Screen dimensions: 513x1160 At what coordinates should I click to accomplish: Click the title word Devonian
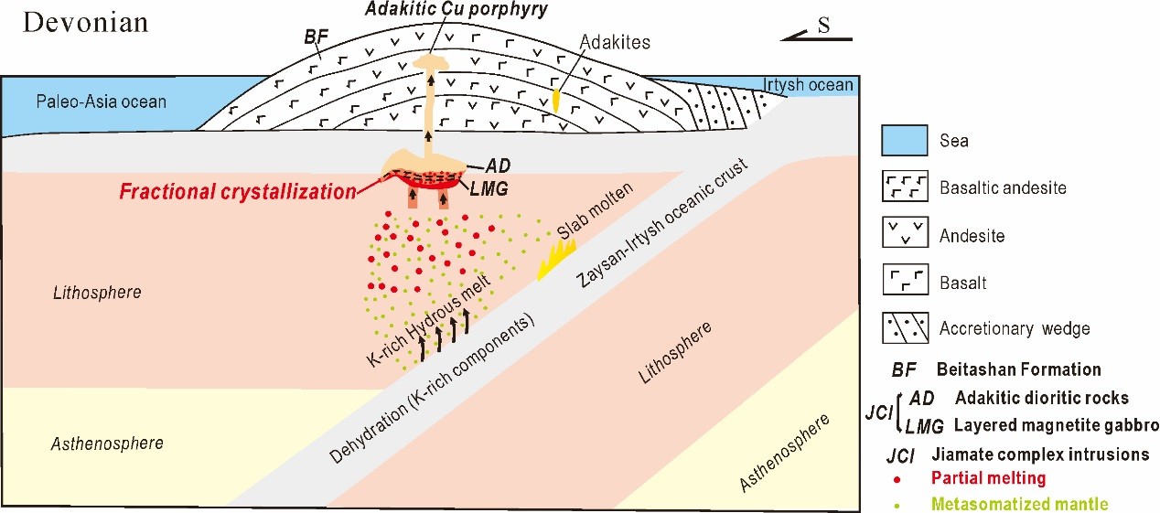click(85, 23)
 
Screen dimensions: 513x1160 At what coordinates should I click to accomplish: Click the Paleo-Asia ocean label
click(100, 102)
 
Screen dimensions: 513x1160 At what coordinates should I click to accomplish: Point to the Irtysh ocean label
click(808, 85)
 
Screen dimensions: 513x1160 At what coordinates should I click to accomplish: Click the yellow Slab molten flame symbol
click(556, 259)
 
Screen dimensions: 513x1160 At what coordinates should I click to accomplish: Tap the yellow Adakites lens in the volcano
click(556, 100)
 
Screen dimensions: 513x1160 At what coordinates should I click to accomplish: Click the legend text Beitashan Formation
click(1018, 369)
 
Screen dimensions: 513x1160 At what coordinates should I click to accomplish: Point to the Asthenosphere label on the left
click(107, 443)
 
